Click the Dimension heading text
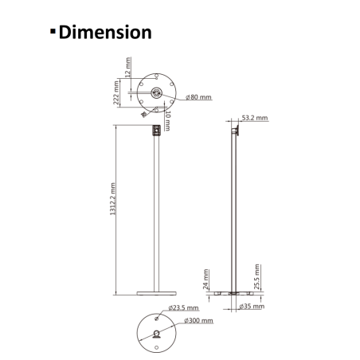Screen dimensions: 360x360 point(105,33)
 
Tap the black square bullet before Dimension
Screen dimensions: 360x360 point(53,31)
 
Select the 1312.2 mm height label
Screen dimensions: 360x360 point(113,198)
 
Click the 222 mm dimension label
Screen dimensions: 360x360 point(116,92)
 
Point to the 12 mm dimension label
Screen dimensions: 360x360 point(128,67)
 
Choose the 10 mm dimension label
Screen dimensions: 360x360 point(167,121)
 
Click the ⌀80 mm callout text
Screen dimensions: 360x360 point(198,97)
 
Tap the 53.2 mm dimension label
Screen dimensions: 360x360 point(255,118)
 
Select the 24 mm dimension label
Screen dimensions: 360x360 point(206,280)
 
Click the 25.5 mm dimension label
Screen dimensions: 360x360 point(256,276)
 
